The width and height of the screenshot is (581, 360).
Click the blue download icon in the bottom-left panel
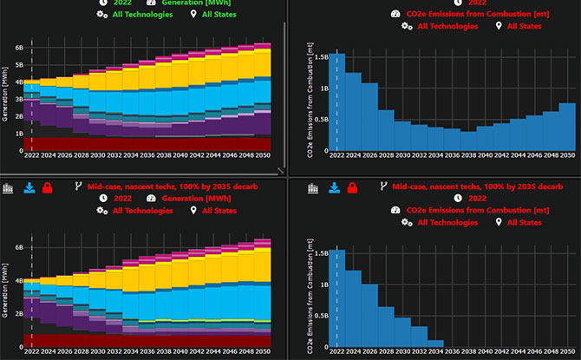(x=29, y=187)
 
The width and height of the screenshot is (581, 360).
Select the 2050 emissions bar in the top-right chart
(x=566, y=128)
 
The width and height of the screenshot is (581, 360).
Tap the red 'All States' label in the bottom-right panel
(x=524, y=223)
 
